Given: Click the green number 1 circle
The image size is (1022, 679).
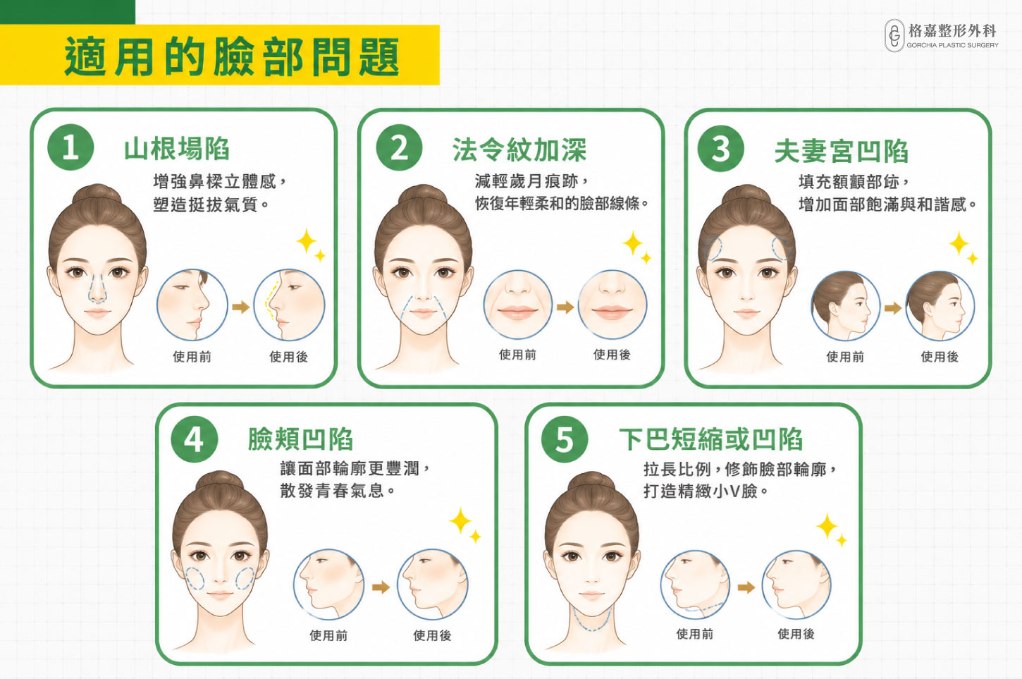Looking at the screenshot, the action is pos(70,147).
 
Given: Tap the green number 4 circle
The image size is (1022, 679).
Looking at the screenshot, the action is pos(195,439).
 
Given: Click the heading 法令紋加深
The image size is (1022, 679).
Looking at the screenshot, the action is pos(519,149).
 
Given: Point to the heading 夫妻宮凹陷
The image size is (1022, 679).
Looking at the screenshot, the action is pos(842,152).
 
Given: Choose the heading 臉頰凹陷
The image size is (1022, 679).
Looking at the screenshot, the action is pos(300,439).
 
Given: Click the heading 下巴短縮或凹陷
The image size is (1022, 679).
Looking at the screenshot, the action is pos(710,439).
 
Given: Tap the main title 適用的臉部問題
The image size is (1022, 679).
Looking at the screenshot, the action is pos(232,56).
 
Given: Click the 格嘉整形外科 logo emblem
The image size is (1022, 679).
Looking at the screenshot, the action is pos(894,35).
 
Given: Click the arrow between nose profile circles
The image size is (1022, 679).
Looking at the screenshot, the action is pos(240,307).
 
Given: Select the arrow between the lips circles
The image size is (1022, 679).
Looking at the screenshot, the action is pos(565,307).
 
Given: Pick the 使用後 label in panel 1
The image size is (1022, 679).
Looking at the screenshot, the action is pos(288,356).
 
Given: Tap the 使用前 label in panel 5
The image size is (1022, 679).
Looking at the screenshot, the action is pos(694,633).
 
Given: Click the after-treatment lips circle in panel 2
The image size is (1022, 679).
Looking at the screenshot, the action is pos(612,305).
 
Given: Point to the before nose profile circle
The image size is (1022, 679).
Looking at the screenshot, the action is pos(192,305).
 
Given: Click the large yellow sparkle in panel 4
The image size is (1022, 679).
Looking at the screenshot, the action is pos(460,520).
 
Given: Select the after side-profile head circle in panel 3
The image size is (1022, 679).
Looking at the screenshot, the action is pos(940,306).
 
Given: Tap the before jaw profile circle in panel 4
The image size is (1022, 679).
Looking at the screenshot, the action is pos(328,585).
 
